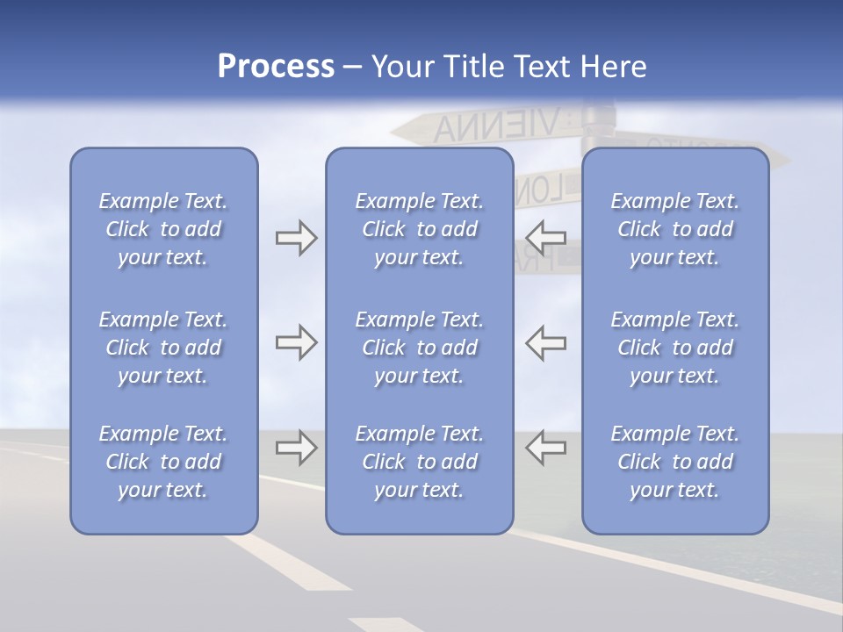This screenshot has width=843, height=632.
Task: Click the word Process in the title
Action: click(276, 67)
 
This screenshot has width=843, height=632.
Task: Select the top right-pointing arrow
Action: click(296, 238)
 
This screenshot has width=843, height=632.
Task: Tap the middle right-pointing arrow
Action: click(296, 343)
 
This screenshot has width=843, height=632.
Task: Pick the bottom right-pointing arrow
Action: click(296, 447)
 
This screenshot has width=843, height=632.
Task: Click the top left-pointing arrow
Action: click(545, 238)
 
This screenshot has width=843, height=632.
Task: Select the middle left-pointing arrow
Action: click(545, 343)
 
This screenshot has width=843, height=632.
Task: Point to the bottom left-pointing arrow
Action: click(545, 447)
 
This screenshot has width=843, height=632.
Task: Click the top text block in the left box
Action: click(163, 229)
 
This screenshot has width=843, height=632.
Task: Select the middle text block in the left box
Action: click(163, 348)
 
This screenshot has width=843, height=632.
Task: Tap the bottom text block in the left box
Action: click(163, 462)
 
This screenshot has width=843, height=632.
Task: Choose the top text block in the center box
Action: click(419, 229)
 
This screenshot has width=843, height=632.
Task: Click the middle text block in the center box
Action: click(419, 348)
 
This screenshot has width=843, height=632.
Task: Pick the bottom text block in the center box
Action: click(419, 462)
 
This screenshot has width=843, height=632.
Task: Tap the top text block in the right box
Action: click(674, 229)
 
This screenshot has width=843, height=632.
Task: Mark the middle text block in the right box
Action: click(674, 348)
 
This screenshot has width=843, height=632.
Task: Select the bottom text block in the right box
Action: click(674, 462)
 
